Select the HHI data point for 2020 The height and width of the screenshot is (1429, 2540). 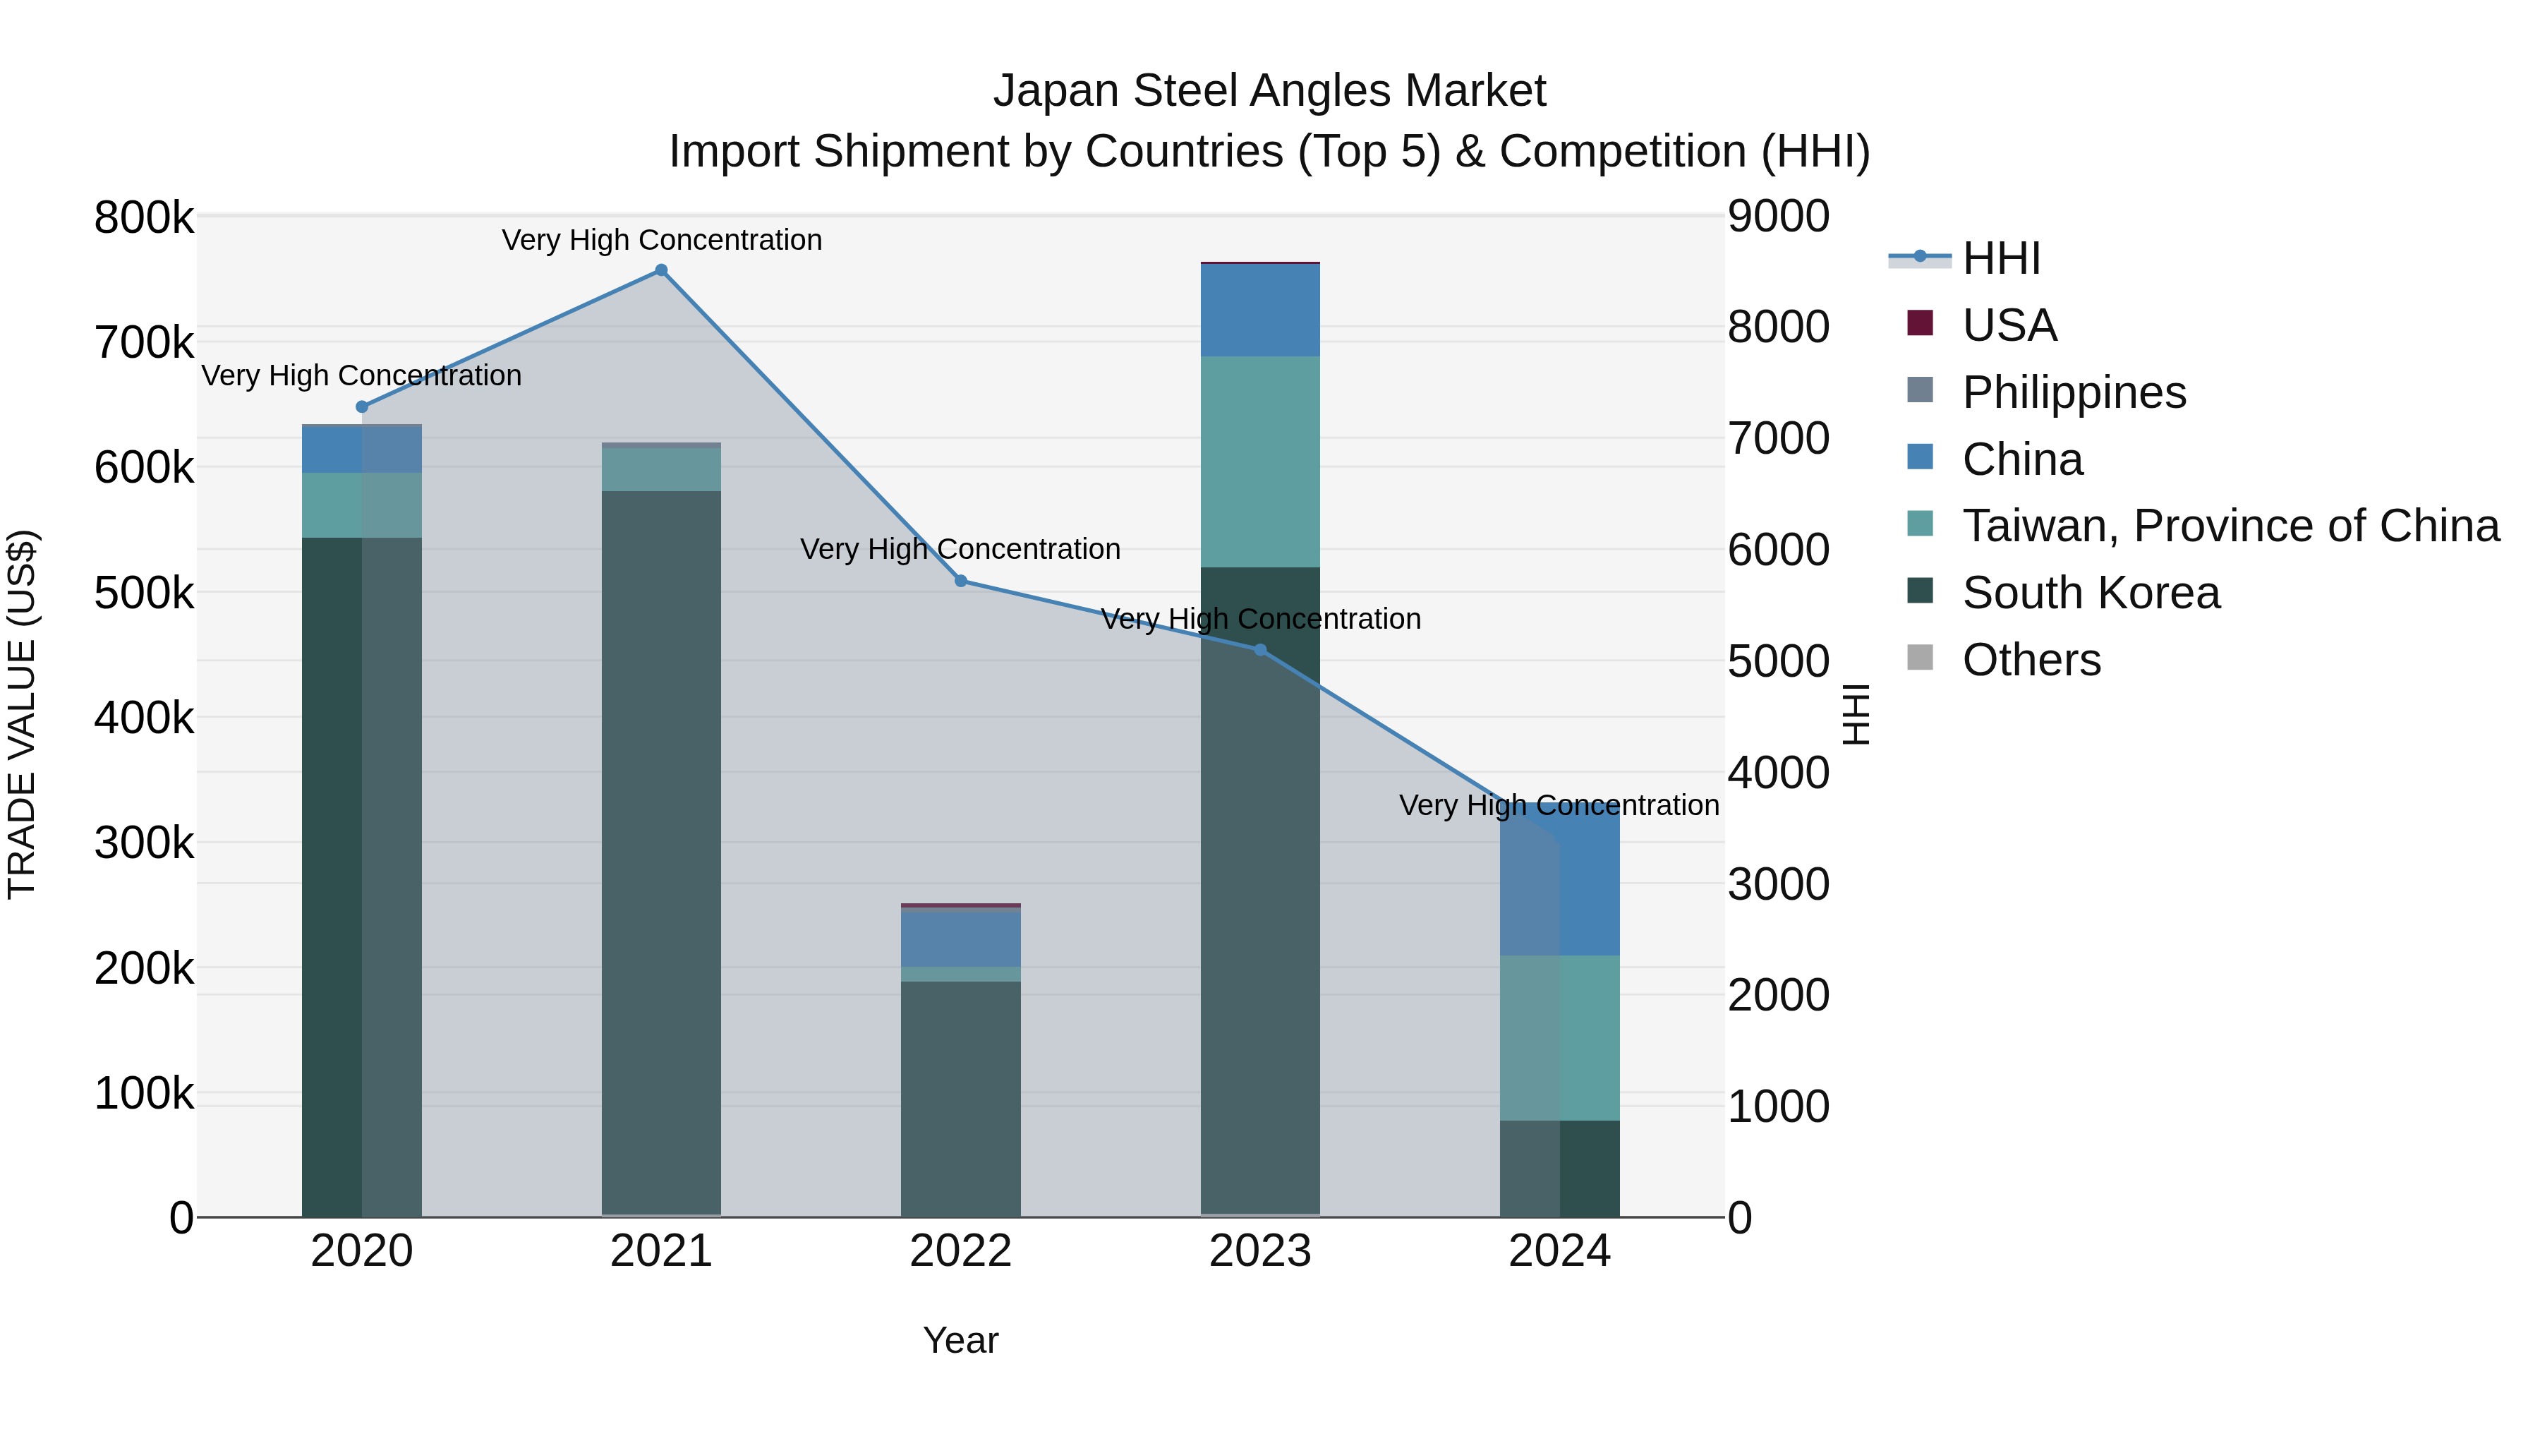point(362,406)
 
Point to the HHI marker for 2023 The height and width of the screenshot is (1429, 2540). point(1260,650)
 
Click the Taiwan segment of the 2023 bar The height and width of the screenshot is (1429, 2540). point(1260,461)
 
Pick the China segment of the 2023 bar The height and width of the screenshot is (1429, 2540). point(1260,310)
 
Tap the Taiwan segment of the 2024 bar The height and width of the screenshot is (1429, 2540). point(1560,1037)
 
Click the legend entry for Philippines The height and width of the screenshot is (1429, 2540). point(2074,392)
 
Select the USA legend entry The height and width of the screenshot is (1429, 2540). point(2009,325)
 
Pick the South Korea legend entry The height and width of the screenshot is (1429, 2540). point(2091,593)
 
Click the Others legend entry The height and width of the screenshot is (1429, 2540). point(2031,660)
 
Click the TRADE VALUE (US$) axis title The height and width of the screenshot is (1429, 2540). point(22,714)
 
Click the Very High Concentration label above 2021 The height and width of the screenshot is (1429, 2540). point(662,240)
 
